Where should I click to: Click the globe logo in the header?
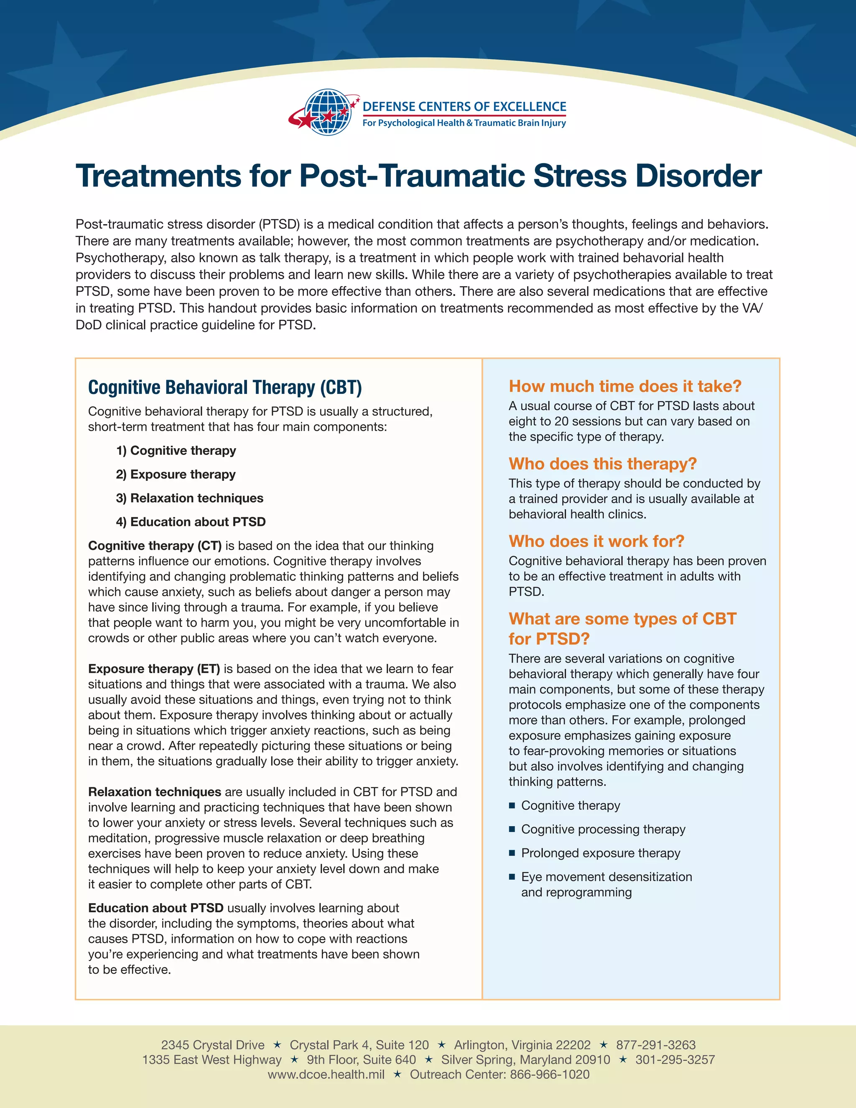(328, 112)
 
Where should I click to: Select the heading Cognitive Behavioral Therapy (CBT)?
(224, 387)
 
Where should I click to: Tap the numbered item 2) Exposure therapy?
(176, 475)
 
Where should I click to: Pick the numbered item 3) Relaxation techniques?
(190, 498)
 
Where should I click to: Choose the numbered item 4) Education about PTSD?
(191, 522)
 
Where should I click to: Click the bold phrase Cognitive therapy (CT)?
(155, 546)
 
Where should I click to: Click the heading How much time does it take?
(625, 386)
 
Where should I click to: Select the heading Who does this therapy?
(602, 464)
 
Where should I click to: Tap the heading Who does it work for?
(596, 541)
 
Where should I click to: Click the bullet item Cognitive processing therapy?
(603, 830)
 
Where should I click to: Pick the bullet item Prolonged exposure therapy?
(601, 853)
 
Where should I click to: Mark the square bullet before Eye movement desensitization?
(512, 877)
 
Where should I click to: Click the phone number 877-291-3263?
(656, 1045)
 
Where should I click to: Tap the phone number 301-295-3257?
(675, 1060)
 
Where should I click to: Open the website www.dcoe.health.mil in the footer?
(326, 1075)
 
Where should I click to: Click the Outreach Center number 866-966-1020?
(550, 1075)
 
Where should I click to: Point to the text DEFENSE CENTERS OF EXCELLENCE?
(464, 107)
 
